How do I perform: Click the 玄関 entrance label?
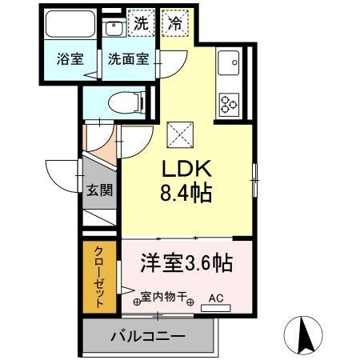tap(99, 190)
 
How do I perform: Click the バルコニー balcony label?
tap(148, 336)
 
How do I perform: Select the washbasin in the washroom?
tap(114, 28)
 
